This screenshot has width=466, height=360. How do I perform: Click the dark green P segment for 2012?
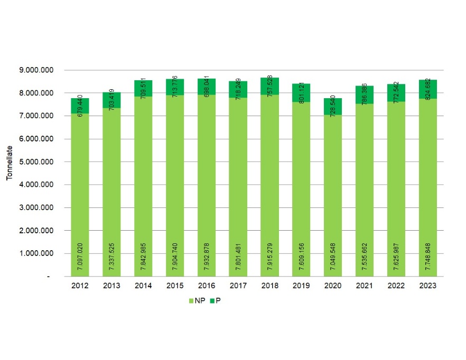point(80,106)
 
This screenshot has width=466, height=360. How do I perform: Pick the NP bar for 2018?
point(269,185)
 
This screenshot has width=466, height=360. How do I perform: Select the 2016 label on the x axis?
point(207,285)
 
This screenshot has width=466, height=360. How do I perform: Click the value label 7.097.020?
point(80,253)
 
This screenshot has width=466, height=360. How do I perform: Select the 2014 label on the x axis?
point(143,285)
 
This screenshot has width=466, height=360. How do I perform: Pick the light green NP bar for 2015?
point(175,185)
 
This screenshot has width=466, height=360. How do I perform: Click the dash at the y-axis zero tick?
point(48,277)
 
